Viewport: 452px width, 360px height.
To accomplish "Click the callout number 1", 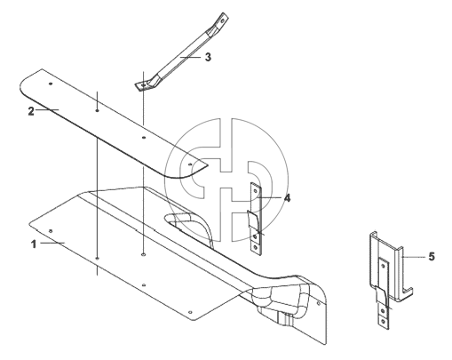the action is (34, 244).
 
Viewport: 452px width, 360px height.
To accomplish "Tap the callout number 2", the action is (31, 111).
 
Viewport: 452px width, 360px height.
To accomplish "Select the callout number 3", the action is (208, 57).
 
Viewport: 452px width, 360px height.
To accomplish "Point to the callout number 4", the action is (287, 198).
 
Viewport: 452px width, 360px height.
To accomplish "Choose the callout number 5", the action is (432, 257).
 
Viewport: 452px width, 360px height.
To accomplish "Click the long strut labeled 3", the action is (181, 52).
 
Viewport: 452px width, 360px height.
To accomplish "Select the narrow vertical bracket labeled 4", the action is (257, 220).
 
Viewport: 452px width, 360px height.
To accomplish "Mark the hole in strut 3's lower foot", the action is (144, 85).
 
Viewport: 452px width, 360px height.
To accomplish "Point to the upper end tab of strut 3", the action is (222, 20).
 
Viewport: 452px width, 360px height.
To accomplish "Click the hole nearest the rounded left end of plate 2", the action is (51, 84).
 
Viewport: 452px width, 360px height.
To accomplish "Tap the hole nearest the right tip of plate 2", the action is (190, 164).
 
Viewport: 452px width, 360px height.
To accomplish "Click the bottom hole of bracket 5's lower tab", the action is (384, 321).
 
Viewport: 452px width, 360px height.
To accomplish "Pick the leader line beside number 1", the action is (52, 243).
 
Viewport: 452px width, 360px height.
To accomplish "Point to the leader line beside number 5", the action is (415, 257).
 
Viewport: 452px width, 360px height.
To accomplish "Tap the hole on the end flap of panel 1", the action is (319, 304).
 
